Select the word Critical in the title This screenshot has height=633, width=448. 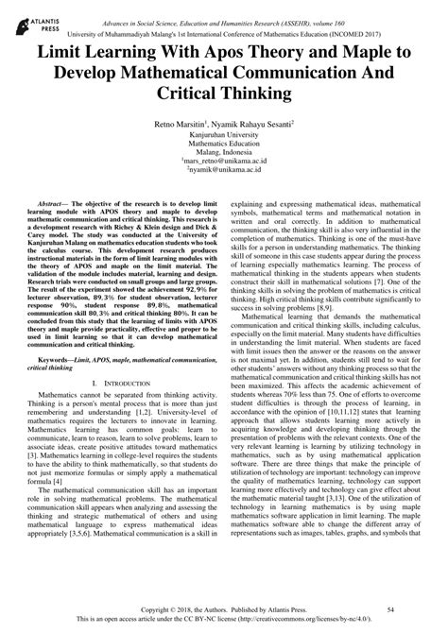pos(194,94)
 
